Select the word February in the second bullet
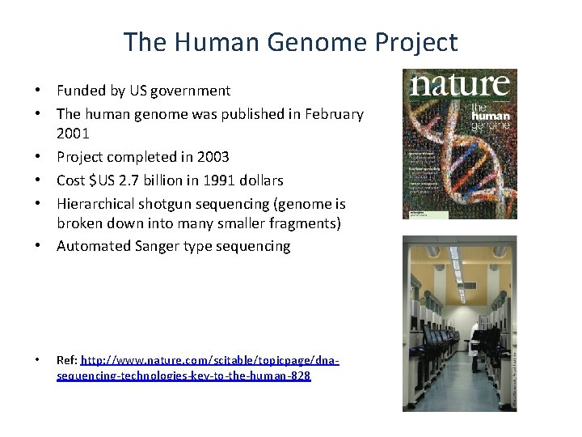[334, 114]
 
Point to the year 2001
[73, 133]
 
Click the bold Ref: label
[67, 359]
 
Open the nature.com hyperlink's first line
[210, 359]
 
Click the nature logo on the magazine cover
[461, 85]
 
